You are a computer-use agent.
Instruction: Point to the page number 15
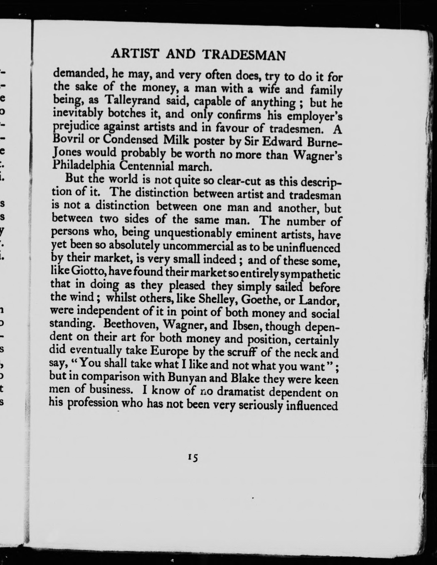pyautogui.click(x=193, y=457)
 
